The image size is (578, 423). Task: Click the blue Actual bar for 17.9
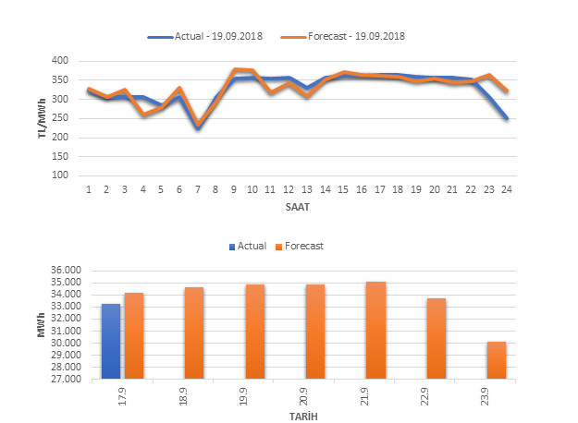point(111,342)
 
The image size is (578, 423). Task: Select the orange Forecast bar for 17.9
point(134,336)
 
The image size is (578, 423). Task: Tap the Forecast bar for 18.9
point(193,333)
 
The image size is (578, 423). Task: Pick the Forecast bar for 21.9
point(375,331)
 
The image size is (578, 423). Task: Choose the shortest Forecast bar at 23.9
point(497,360)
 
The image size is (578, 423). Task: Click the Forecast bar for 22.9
point(436,339)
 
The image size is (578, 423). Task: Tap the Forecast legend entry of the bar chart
point(301,247)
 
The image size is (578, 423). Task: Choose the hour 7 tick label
point(197,189)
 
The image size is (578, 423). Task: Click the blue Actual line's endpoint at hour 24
point(508,118)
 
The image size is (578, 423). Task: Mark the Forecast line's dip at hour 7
point(197,124)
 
